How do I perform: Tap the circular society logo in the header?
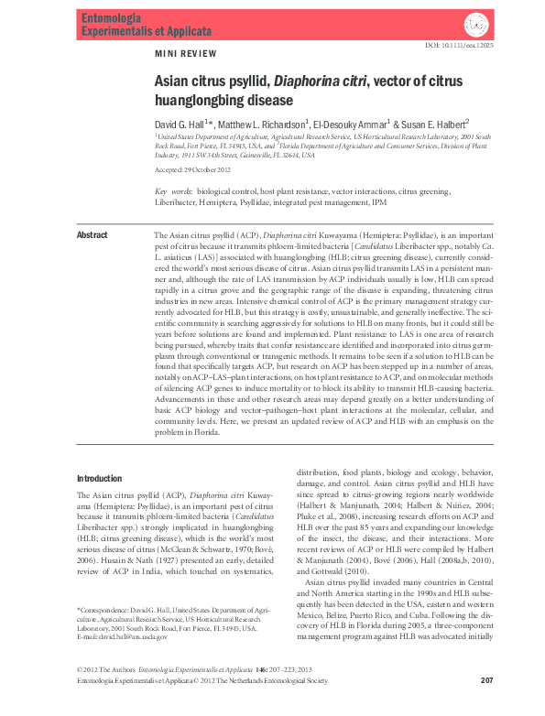477,25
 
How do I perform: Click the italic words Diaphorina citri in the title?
323,81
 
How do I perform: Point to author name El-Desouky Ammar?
351,123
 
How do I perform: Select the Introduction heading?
99,479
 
